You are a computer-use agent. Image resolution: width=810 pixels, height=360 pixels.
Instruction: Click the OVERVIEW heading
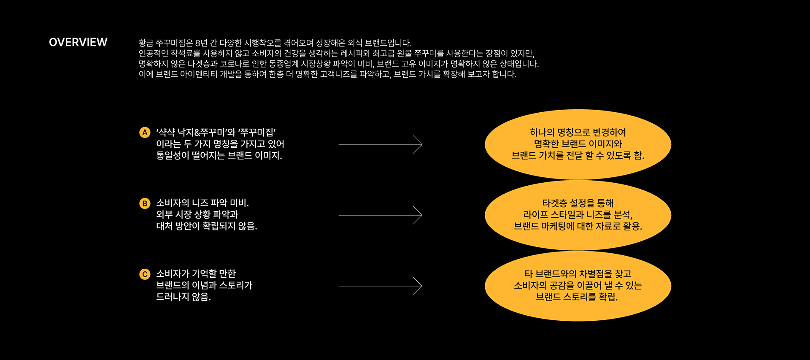78,42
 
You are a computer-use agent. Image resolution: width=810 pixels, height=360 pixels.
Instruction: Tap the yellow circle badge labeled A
145,133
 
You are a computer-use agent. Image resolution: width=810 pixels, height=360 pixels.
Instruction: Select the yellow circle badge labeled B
145,203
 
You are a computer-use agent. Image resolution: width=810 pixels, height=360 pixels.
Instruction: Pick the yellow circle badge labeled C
145,274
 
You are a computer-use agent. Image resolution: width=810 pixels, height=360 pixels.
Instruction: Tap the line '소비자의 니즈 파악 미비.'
202,203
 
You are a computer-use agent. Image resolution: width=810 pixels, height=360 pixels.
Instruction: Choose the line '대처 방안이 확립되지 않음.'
206,226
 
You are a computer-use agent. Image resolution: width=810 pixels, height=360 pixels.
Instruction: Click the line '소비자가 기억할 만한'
196,273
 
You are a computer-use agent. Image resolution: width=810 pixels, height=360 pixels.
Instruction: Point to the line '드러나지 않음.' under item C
183,297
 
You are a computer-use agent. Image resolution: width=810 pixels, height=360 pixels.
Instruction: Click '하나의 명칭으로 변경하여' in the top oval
578,133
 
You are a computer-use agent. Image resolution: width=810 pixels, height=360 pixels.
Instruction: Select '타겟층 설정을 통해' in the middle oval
578,203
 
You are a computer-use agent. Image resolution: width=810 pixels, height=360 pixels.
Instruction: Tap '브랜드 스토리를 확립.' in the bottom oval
577,297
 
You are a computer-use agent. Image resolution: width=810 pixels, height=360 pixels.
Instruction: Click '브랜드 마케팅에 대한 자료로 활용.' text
578,226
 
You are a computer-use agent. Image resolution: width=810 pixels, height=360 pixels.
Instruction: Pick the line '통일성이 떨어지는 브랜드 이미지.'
219,156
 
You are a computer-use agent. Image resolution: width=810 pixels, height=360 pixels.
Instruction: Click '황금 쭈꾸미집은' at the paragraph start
166,43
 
